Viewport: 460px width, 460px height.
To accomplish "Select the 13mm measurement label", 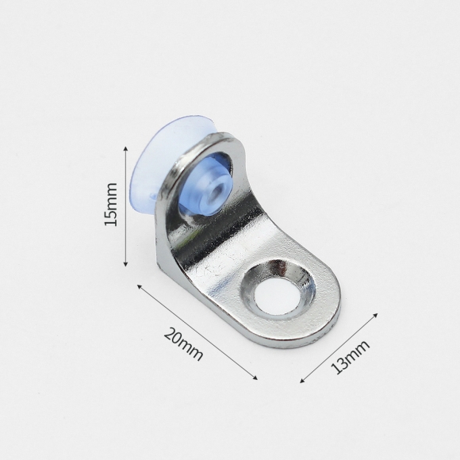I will [x=350, y=357].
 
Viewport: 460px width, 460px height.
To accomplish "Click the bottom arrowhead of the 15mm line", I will [x=125, y=264].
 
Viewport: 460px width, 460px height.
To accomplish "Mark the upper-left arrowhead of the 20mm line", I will [x=140, y=286].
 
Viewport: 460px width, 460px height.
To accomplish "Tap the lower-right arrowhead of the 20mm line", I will [x=255, y=378].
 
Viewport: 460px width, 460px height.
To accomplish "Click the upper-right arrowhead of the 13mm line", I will [x=375, y=316].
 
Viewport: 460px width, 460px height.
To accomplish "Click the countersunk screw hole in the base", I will [x=278, y=289].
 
